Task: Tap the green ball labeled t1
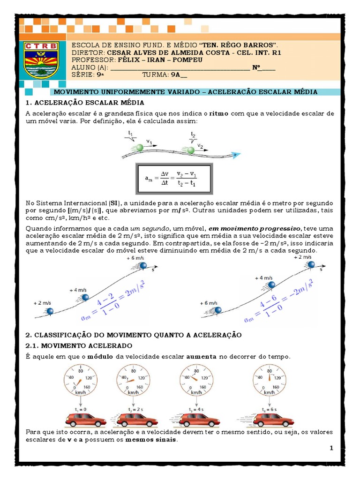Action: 140,148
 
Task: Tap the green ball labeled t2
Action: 191,150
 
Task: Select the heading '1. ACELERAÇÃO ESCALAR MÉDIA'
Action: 85,102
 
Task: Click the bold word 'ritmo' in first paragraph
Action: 219,113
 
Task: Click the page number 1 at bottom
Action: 331,448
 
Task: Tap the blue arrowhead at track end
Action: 237,154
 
